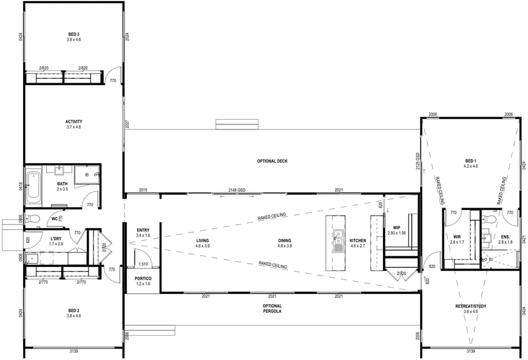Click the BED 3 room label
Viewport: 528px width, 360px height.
pyautogui.click(x=74, y=35)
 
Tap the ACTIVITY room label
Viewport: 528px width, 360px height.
pyautogui.click(x=74, y=122)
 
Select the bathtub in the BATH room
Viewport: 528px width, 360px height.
pyautogui.click(x=33, y=186)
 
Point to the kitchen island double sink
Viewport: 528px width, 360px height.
pyautogui.click(x=339, y=241)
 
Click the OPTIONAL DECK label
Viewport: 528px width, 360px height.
pyautogui.click(x=272, y=161)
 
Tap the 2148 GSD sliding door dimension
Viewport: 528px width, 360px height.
pyautogui.click(x=237, y=190)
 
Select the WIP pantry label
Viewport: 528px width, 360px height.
pyautogui.click(x=397, y=228)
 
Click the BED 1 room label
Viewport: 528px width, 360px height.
pyautogui.click(x=471, y=161)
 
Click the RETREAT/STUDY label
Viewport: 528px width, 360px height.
pyautogui.click(x=471, y=307)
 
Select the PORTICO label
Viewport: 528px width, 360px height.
pyautogui.click(x=143, y=279)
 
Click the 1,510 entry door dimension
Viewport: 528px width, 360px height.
pyautogui.click(x=143, y=264)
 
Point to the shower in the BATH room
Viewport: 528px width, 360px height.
pyautogui.click(x=87, y=174)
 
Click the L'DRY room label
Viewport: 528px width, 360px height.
pyautogui.click(x=56, y=239)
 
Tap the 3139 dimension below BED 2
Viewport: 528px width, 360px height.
pyautogui.click(x=74, y=352)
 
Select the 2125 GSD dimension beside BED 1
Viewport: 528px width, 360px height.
pyautogui.click(x=418, y=161)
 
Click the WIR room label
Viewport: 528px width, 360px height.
pyautogui.click(x=457, y=237)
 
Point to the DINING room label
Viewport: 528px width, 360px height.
pyautogui.click(x=285, y=241)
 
